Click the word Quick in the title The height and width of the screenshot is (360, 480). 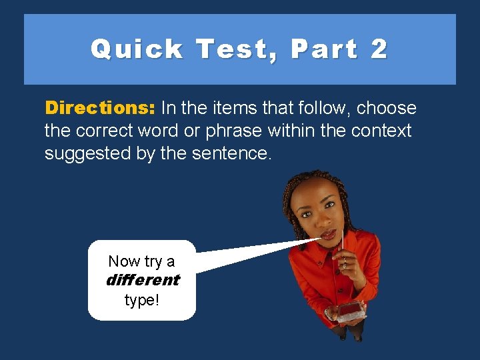137,49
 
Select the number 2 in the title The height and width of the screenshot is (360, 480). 378,49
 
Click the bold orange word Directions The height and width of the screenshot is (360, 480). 99,108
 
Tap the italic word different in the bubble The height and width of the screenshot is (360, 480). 143,280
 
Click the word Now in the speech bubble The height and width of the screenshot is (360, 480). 122,261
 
